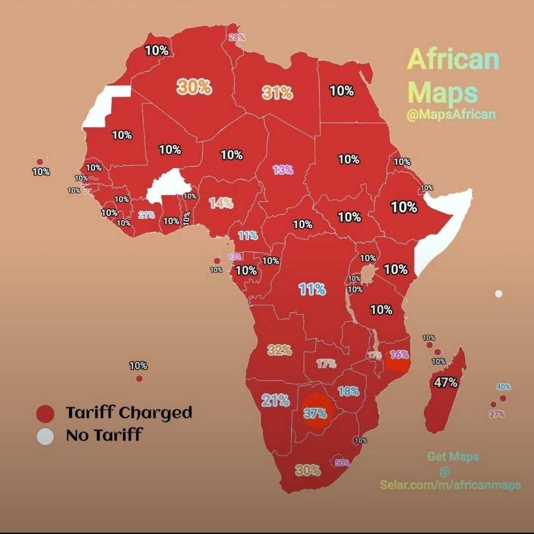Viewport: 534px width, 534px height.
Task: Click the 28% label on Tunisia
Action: pos(236,38)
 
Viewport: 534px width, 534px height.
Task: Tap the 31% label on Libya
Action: pos(277,92)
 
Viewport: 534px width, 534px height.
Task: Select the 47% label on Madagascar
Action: pos(446,382)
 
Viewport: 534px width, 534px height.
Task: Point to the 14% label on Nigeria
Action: pos(221,203)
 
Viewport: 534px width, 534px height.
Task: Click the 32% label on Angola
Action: pos(280,350)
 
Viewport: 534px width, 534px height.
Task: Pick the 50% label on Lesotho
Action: pos(342,463)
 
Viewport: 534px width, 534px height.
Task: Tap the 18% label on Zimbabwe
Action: pos(348,391)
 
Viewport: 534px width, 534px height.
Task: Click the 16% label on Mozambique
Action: pos(399,355)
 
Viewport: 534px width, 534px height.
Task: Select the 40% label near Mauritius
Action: pos(503,387)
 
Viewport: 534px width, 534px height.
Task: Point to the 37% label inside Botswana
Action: pos(315,413)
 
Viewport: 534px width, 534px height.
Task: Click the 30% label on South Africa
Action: pos(308,470)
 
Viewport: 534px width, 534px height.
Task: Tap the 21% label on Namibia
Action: pos(275,400)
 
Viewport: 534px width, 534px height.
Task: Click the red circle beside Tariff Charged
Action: pos(45,413)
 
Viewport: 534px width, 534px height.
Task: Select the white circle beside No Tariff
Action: pos(45,436)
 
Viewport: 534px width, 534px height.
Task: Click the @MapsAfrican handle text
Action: pos(450,115)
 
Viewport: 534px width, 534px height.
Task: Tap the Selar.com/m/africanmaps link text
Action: pos(450,485)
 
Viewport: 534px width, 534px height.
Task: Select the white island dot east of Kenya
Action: pos(498,294)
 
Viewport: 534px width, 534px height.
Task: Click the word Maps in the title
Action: pos(444,92)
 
